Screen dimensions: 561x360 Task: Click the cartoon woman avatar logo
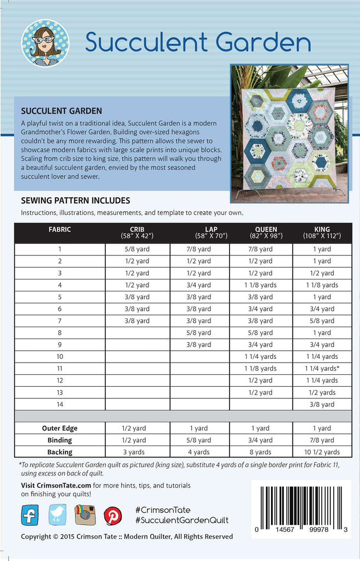tap(45, 43)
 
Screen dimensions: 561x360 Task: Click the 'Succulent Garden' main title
tap(198, 42)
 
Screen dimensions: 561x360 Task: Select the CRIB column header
tap(137, 232)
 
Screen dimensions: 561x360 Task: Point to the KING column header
tap(322, 232)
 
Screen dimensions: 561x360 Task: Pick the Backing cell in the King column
tap(322, 452)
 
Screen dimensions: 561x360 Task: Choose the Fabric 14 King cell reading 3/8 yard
tap(322, 404)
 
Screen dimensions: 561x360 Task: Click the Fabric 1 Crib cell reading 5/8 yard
tap(137, 249)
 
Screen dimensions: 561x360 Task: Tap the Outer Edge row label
tap(60, 428)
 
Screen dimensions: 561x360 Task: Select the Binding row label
tap(60, 440)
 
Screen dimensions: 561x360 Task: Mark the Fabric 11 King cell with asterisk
tap(322, 369)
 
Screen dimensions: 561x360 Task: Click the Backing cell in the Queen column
tap(260, 452)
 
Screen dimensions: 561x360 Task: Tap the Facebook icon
tap(30, 515)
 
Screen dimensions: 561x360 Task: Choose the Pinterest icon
tap(113, 516)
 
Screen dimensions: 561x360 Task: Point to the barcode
tap(301, 503)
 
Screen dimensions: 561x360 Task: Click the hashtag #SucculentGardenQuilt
tap(181, 520)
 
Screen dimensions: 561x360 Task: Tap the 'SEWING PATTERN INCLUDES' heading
tap(75, 201)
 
